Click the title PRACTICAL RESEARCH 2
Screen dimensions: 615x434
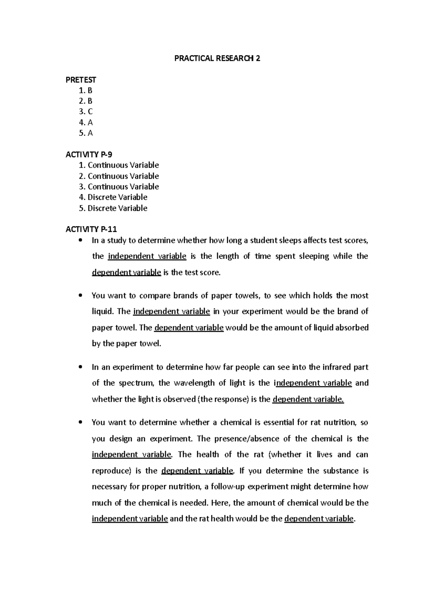coord(217,58)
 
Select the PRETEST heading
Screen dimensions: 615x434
coord(81,80)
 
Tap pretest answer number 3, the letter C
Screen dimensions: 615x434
coord(86,112)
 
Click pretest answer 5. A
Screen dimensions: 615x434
coord(86,133)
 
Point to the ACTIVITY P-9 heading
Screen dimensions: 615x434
coord(89,155)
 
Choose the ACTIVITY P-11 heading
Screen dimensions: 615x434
coord(91,229)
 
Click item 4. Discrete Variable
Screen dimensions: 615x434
coord(113,197)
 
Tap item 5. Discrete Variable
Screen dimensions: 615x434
coord(113,208)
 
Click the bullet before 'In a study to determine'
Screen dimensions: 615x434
coord(80,240)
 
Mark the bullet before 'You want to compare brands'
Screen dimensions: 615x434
coord(80,296)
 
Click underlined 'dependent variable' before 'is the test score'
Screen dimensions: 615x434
coord(126,273)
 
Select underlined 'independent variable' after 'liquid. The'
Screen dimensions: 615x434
coord(171,311)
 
